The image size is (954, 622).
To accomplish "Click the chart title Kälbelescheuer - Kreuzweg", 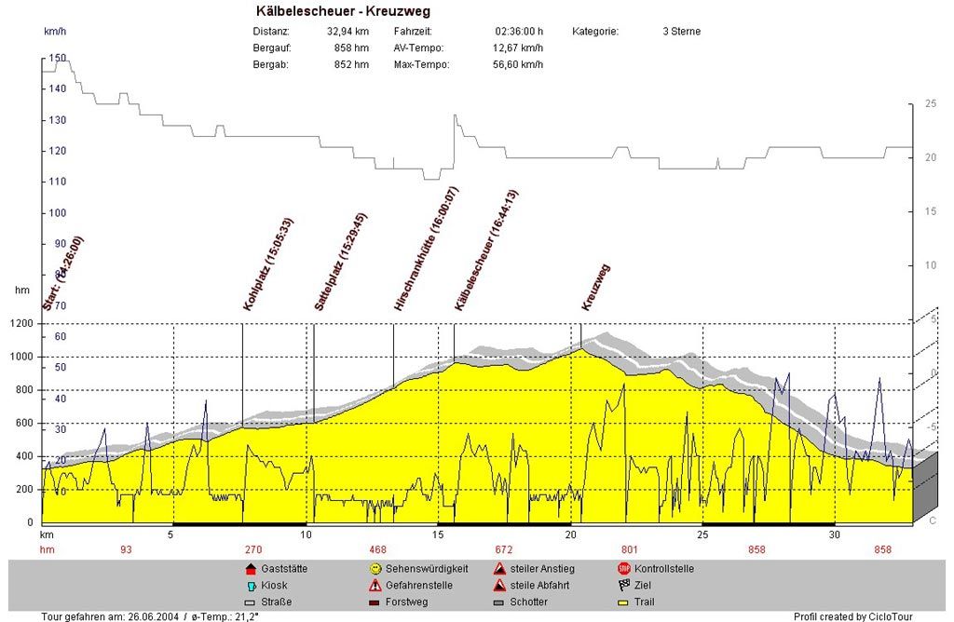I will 343,11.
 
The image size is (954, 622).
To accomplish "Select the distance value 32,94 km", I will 348,32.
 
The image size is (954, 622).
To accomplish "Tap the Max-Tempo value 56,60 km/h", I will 517,65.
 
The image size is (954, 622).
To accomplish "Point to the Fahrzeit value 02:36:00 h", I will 519,32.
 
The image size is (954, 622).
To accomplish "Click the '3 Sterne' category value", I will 681,32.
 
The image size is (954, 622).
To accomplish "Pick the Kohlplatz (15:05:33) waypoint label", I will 268,264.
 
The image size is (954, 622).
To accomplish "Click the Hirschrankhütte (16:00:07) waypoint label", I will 426,250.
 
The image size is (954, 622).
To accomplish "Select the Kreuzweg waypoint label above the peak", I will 595,287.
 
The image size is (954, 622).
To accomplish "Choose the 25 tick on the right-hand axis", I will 929,104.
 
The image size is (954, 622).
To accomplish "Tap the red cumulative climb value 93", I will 126,550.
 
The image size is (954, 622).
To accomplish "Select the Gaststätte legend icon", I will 250,568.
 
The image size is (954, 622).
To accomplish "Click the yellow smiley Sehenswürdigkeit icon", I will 375,568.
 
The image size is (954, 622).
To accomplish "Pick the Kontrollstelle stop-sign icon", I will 623,568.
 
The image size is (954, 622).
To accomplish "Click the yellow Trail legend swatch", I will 623,602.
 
